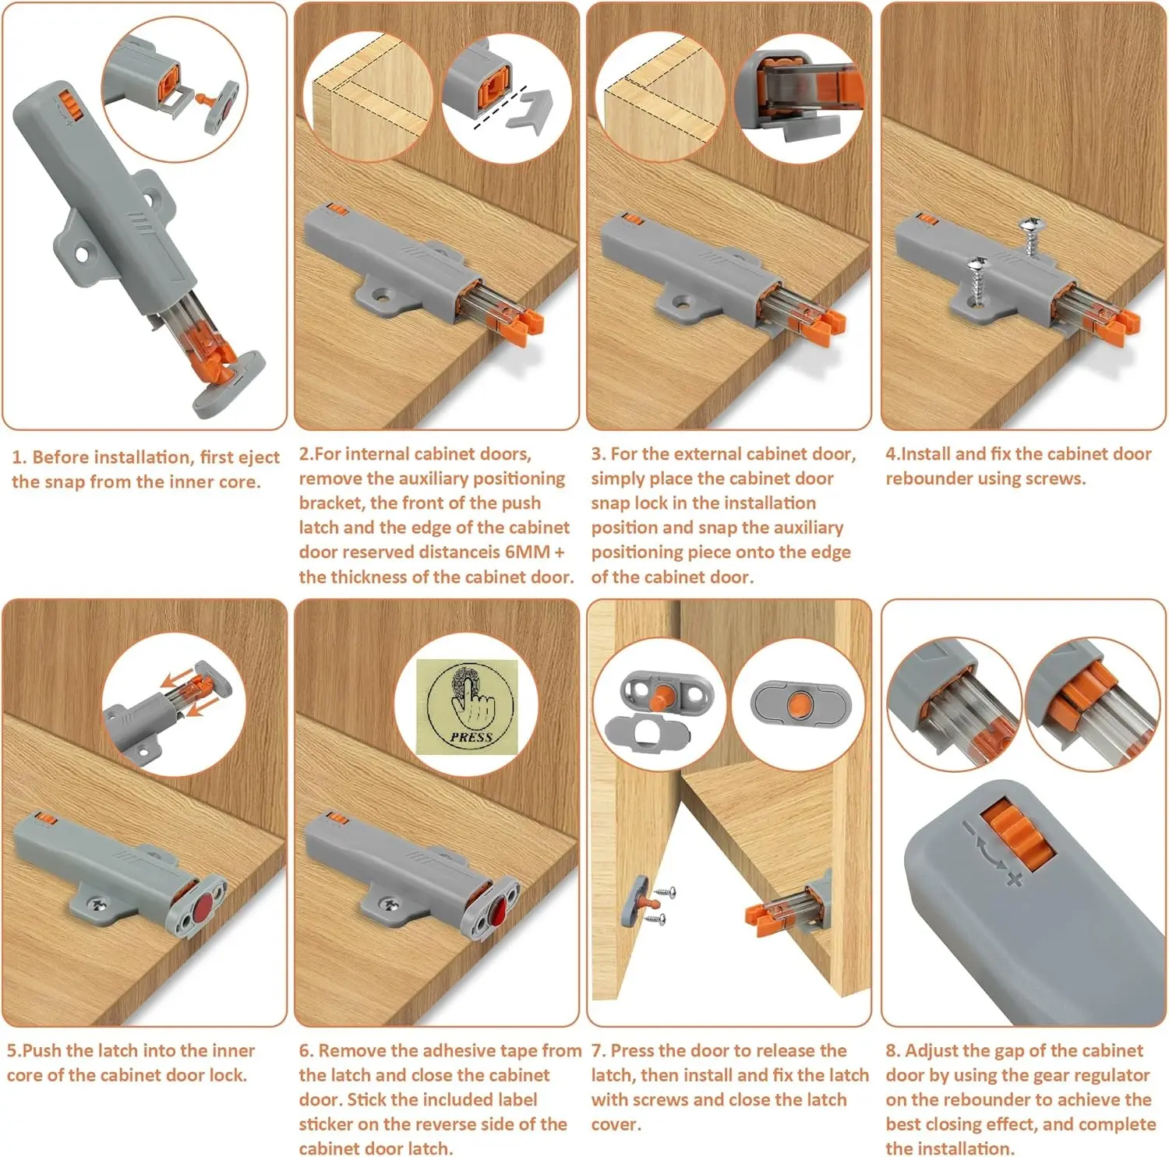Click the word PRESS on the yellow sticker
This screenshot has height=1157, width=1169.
[x=471, y=736]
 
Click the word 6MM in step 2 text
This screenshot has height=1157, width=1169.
[x=528, y=552]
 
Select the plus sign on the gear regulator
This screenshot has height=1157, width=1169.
[x=1014, y=879]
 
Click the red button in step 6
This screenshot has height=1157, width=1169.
[x=496, y=908]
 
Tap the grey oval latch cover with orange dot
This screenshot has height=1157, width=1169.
[x=800, y=704]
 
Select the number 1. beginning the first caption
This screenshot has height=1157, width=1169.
[x=19, y=457]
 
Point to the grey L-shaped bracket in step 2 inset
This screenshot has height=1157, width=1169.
[x=530, y=109]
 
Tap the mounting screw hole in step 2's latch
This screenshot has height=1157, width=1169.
[x=382, y=296]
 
